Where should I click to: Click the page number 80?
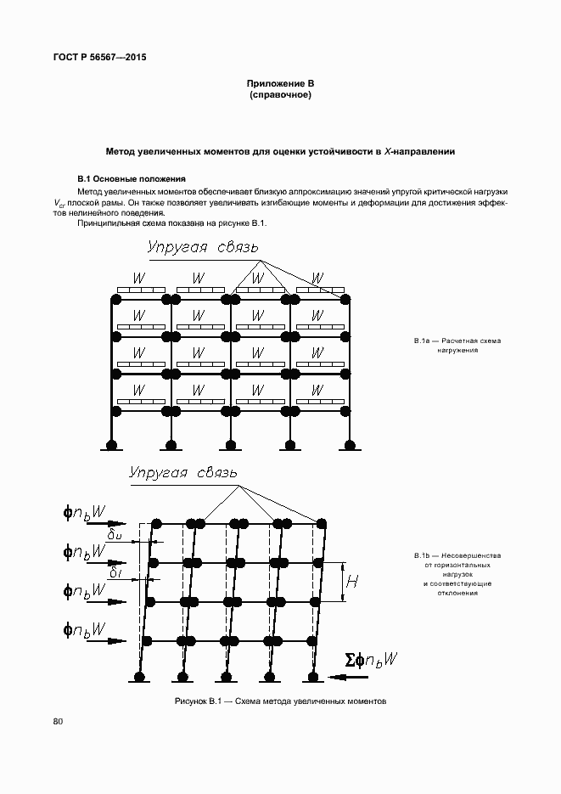coord(58,722)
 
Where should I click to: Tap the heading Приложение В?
coord(280,83)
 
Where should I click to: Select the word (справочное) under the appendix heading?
coord(280,95)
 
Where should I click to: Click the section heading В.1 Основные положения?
coord(131,179)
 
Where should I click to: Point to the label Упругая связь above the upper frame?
coord(202,249)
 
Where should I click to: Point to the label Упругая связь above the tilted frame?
coord(183,472)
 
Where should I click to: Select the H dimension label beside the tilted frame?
coord(352,582)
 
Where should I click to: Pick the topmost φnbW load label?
coord(84,512)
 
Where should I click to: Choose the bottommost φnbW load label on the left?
coord(84,629)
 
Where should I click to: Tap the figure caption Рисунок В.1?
coord(280,703)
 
